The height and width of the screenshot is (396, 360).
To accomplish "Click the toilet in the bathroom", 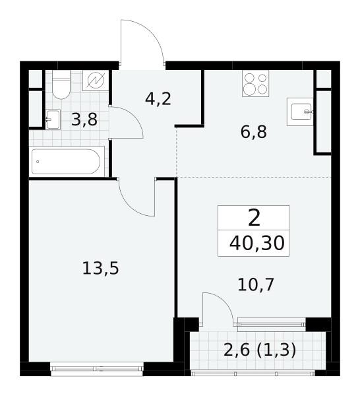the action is (x=61, y=84).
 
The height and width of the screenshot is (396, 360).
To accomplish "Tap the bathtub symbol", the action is (x=67, y=162).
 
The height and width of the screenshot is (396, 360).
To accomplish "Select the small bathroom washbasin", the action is (x=53, y=119).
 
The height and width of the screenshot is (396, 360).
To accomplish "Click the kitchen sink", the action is (x=300, y=112).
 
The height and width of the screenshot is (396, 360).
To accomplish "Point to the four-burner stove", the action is (x=255, y=83).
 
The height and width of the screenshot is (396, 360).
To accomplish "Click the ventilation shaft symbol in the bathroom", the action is (x=96, y=81).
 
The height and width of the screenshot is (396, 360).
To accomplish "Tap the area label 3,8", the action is (x=84, y=120).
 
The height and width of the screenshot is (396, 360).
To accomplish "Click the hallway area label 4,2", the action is (x=158, y=99).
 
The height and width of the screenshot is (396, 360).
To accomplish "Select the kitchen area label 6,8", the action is (x=254, y=132).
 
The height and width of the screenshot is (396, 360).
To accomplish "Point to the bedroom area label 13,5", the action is (x=100, y=268).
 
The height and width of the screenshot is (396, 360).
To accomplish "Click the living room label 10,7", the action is (x=256, y=285).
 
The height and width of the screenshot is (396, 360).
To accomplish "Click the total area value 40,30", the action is (x=257, y=244).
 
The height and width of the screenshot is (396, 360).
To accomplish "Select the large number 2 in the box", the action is (x=254, y=218).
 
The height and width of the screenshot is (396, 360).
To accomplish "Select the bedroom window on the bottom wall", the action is (x=97, y=369).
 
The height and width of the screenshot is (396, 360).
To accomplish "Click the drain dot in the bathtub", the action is (x=38, y=162).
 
